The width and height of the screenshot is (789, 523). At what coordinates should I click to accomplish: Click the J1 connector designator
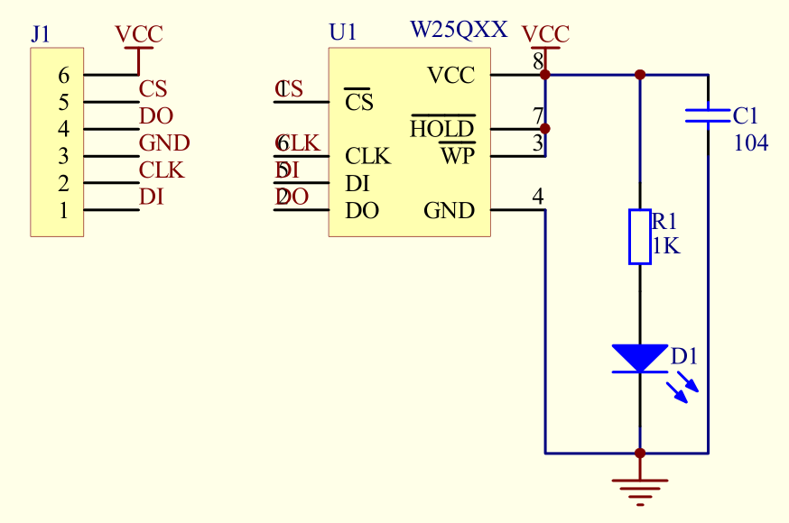click(41, 34)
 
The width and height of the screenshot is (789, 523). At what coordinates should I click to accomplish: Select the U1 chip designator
click(343, 33)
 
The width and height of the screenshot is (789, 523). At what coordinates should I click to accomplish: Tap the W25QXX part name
click(459, 30)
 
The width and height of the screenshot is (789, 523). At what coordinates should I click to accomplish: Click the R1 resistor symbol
click(640, 237)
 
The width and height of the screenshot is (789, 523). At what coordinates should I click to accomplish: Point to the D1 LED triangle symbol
click(640, 358)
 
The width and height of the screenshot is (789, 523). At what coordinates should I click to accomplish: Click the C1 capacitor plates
click(708, 115)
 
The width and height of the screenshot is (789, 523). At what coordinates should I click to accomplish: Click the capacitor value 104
click(751, 142)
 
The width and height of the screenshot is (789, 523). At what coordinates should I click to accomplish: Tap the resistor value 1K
click(665, 245)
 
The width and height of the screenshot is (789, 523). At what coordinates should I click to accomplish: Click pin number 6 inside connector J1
click(63, 76)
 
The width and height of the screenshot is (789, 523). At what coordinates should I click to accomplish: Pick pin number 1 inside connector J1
click(63, 211)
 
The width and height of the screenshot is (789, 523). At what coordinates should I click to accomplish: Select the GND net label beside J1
click(164, 142)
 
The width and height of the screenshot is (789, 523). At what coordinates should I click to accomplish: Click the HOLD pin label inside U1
click(441, 129)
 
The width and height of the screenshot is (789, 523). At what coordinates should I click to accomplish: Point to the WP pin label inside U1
click(457, 156)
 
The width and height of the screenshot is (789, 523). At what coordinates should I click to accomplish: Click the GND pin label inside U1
click(449, 211)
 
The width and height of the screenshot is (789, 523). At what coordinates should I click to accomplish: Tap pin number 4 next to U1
click(538, 196)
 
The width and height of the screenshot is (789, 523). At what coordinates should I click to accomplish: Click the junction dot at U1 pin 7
click(545, 129)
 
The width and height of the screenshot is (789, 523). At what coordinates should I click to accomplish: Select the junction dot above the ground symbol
click(640, 453)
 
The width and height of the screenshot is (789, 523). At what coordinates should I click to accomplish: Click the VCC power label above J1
click(139, 35)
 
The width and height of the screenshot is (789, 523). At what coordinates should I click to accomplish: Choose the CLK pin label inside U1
click(367, 157)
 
